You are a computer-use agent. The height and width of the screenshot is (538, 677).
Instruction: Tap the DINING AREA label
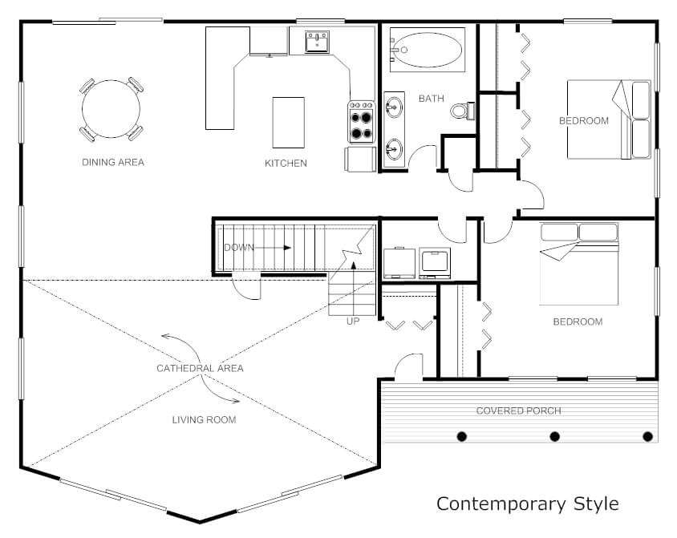pos(113,163)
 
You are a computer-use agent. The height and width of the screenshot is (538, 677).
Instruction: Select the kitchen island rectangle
pos(288,122)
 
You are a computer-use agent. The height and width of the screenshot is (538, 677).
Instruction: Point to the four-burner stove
pos(361,122)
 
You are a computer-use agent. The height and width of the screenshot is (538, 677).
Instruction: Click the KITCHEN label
pos(286,164)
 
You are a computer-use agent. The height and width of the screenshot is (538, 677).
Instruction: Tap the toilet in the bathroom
pos(460,111)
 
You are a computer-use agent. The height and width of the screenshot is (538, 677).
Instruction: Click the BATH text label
pos(431,99)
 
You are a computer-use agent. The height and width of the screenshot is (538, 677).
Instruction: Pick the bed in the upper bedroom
pos(608,119)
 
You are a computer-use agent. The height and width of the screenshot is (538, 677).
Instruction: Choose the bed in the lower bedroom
pos(579,265)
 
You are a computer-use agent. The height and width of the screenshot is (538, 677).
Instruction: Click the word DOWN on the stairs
pos(238,248)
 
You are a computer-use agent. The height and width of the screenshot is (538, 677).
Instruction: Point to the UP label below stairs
pos(352,322)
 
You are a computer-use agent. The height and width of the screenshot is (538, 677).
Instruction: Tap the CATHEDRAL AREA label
pos(200,369)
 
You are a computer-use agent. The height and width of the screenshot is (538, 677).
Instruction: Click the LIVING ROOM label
pos(205,419)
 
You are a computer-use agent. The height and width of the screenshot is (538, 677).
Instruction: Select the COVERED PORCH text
pos(518,411)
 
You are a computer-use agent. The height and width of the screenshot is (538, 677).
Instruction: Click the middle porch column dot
pos(554,437)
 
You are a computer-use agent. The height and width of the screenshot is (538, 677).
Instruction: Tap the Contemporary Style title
pos(527,504)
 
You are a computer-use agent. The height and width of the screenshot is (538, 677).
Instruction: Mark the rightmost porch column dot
pos(648,437)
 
